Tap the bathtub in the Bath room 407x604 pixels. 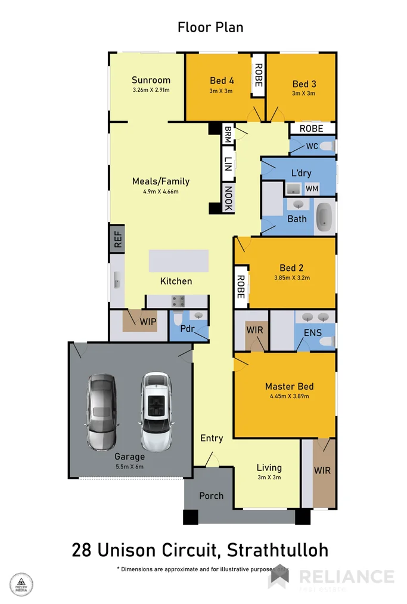[x=324, y=217]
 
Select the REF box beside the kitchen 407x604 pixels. [x=116, y=239]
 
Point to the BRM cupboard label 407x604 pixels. [x=228, y=134]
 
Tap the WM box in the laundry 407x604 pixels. [x=312, y=189]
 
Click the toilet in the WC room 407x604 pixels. [x=325, y=146]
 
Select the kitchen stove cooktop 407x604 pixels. [x=178, y=301]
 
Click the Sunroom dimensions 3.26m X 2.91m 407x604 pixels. [x=151, y=90]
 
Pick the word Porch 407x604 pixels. [x=211, y=495]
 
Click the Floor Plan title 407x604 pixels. [x=210, y=27]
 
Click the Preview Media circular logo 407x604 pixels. [x=21, y=583]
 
